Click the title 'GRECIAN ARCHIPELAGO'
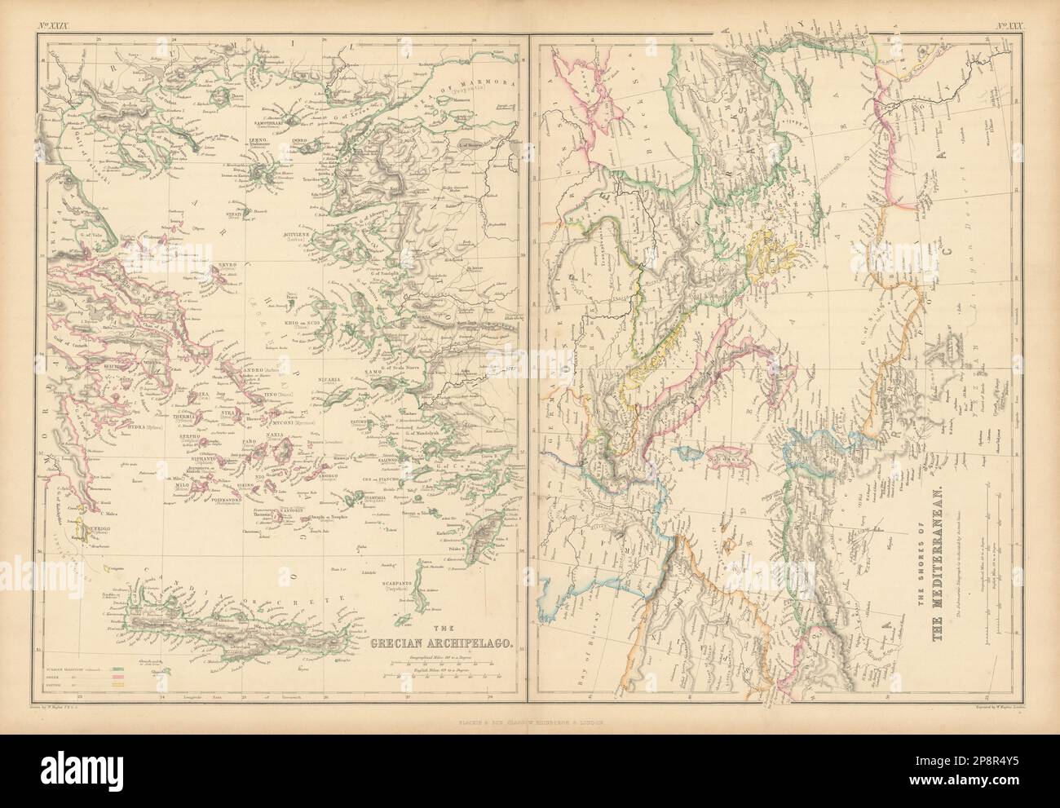coord(441,643)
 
